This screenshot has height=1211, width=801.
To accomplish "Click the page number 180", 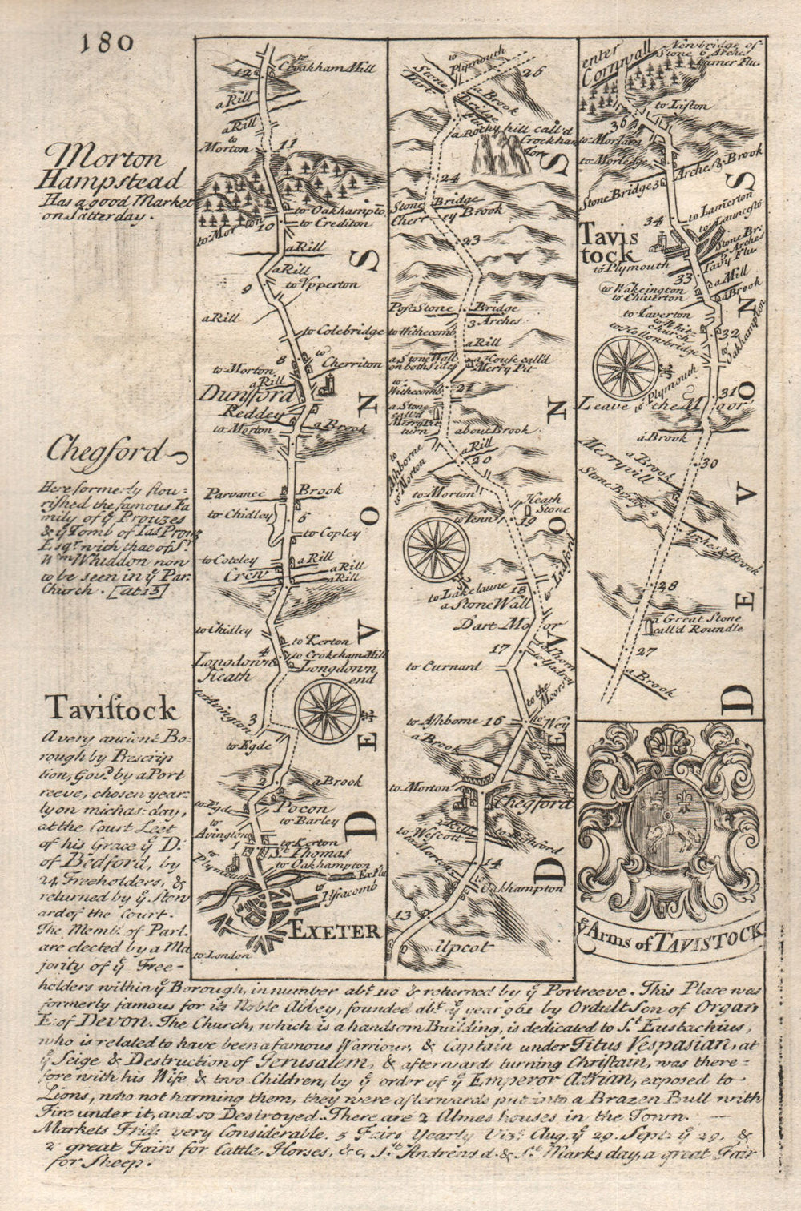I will [107, 43].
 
